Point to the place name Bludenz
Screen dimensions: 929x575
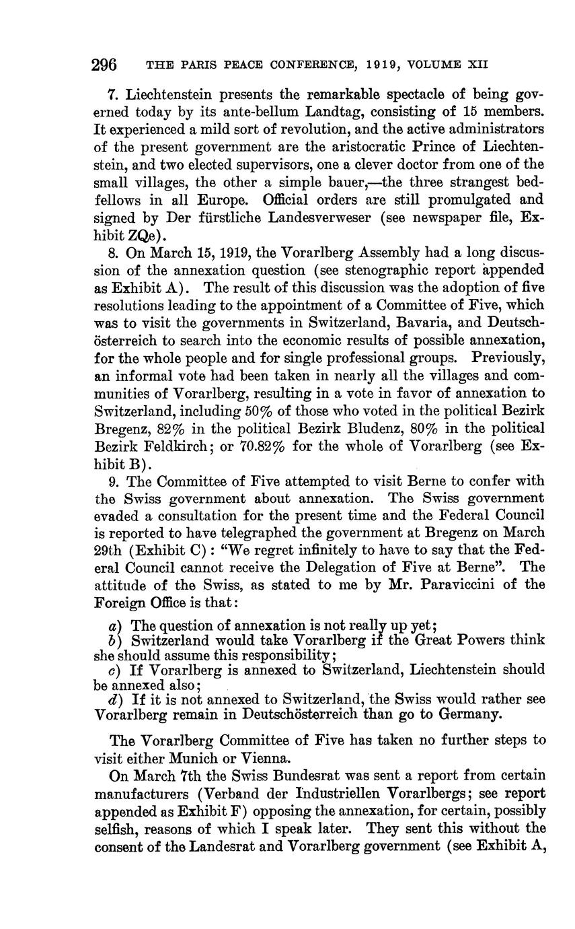367,427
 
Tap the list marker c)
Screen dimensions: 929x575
114,670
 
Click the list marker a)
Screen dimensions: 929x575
114,625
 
